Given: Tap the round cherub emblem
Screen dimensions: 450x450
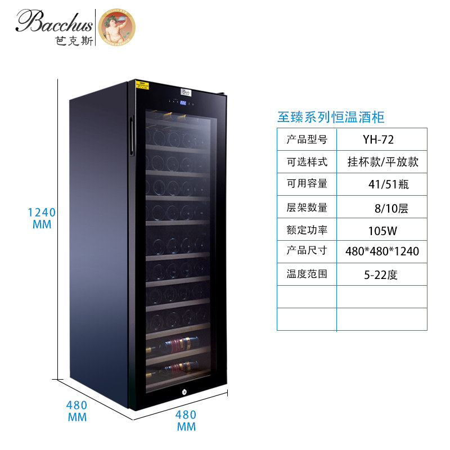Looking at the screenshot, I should [116, 26].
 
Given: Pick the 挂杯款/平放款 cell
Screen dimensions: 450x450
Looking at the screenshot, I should [382, 162].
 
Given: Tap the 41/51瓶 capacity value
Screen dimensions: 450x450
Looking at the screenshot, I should [382, 184].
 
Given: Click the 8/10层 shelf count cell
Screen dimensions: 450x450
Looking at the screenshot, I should [382, 207].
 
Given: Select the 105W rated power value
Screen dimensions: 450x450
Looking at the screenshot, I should [382, 229].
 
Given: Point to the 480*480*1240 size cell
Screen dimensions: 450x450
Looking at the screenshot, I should [382, 251].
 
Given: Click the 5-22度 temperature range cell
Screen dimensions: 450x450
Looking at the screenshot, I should [382, 274].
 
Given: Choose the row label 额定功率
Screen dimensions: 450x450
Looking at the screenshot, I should [307, 229].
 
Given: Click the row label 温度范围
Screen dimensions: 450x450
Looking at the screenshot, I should [307, 274].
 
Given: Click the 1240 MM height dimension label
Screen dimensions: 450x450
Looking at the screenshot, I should [42, 218].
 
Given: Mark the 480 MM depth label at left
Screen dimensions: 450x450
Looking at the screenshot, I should [77, 411].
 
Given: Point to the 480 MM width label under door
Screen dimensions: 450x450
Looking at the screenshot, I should [186, 420].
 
